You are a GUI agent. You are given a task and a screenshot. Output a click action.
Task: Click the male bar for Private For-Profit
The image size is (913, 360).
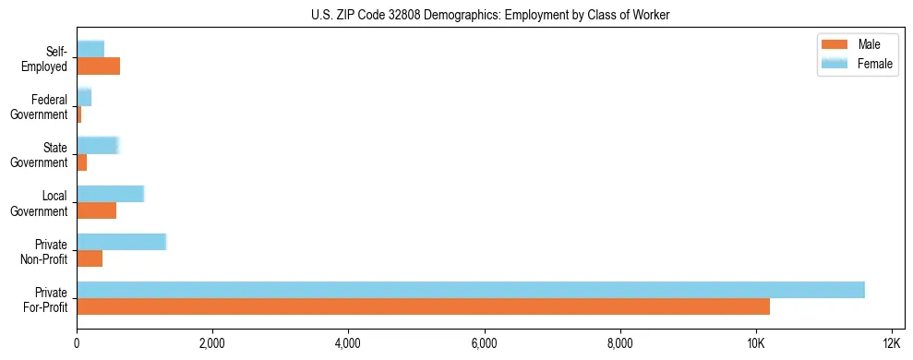pos(423,306)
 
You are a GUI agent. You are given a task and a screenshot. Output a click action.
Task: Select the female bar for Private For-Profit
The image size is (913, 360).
pos(471,290)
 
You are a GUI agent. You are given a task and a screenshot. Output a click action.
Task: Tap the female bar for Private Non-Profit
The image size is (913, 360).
pos(121,242)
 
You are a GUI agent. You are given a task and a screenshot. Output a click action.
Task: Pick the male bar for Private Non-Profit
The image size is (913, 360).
pos(90,258)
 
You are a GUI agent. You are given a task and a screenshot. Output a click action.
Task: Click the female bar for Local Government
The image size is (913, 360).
pos(110,194)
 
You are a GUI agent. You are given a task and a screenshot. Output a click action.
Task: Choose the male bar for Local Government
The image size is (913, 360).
pos(96,210)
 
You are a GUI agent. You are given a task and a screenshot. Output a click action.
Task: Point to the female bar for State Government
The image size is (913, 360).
pos(98,146)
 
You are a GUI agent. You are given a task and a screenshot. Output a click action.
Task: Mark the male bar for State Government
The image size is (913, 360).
pos(81,162)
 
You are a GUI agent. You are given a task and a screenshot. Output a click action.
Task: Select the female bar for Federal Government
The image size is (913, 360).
pos(84,98)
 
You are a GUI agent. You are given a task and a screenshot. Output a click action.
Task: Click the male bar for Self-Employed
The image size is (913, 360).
pos(98,66)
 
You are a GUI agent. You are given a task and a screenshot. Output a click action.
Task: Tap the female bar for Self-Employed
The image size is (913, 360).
pos(90,50)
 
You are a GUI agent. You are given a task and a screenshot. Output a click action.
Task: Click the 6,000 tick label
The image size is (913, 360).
pos(485,343)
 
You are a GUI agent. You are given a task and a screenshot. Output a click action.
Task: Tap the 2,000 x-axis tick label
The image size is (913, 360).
pos(212,343)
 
